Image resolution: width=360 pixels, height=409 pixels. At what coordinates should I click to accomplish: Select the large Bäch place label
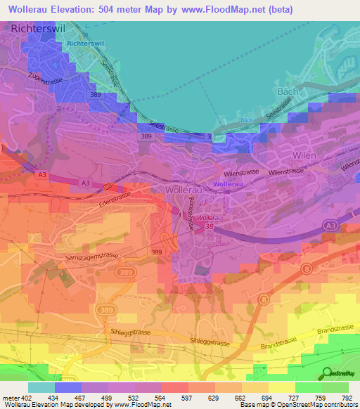pyautogui.click(x=288, y=92)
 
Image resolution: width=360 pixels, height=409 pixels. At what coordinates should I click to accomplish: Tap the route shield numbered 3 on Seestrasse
pyautogui.click(x=209, y=136)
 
